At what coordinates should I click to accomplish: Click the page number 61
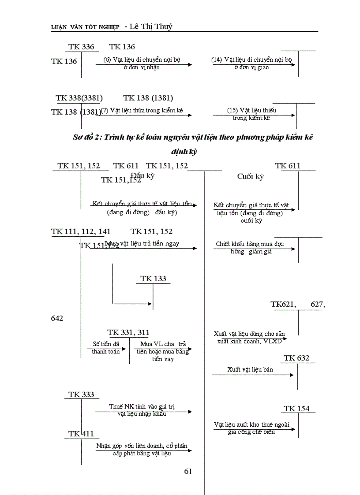(188, 471)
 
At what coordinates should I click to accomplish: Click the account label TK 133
(153, 279)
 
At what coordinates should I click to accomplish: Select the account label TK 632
(296, 358)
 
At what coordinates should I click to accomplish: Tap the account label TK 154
(296, 409)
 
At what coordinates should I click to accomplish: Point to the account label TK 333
(81, 395)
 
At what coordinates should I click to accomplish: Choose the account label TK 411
(81, 434)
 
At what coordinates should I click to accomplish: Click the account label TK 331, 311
(128, 332)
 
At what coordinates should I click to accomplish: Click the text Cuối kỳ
(250, 176)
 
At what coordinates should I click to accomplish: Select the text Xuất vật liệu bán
(250, 369)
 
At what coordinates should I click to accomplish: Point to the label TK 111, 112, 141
(81, 231)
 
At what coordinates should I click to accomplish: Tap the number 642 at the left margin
(57, 318)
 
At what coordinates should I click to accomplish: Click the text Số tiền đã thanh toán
(106, 347)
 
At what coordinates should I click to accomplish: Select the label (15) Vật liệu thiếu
(251, 110)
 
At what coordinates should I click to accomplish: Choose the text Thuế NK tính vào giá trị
(144, 406)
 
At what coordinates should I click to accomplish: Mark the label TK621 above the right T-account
(283, 304)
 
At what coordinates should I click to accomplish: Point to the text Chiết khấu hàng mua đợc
(250, 244)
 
